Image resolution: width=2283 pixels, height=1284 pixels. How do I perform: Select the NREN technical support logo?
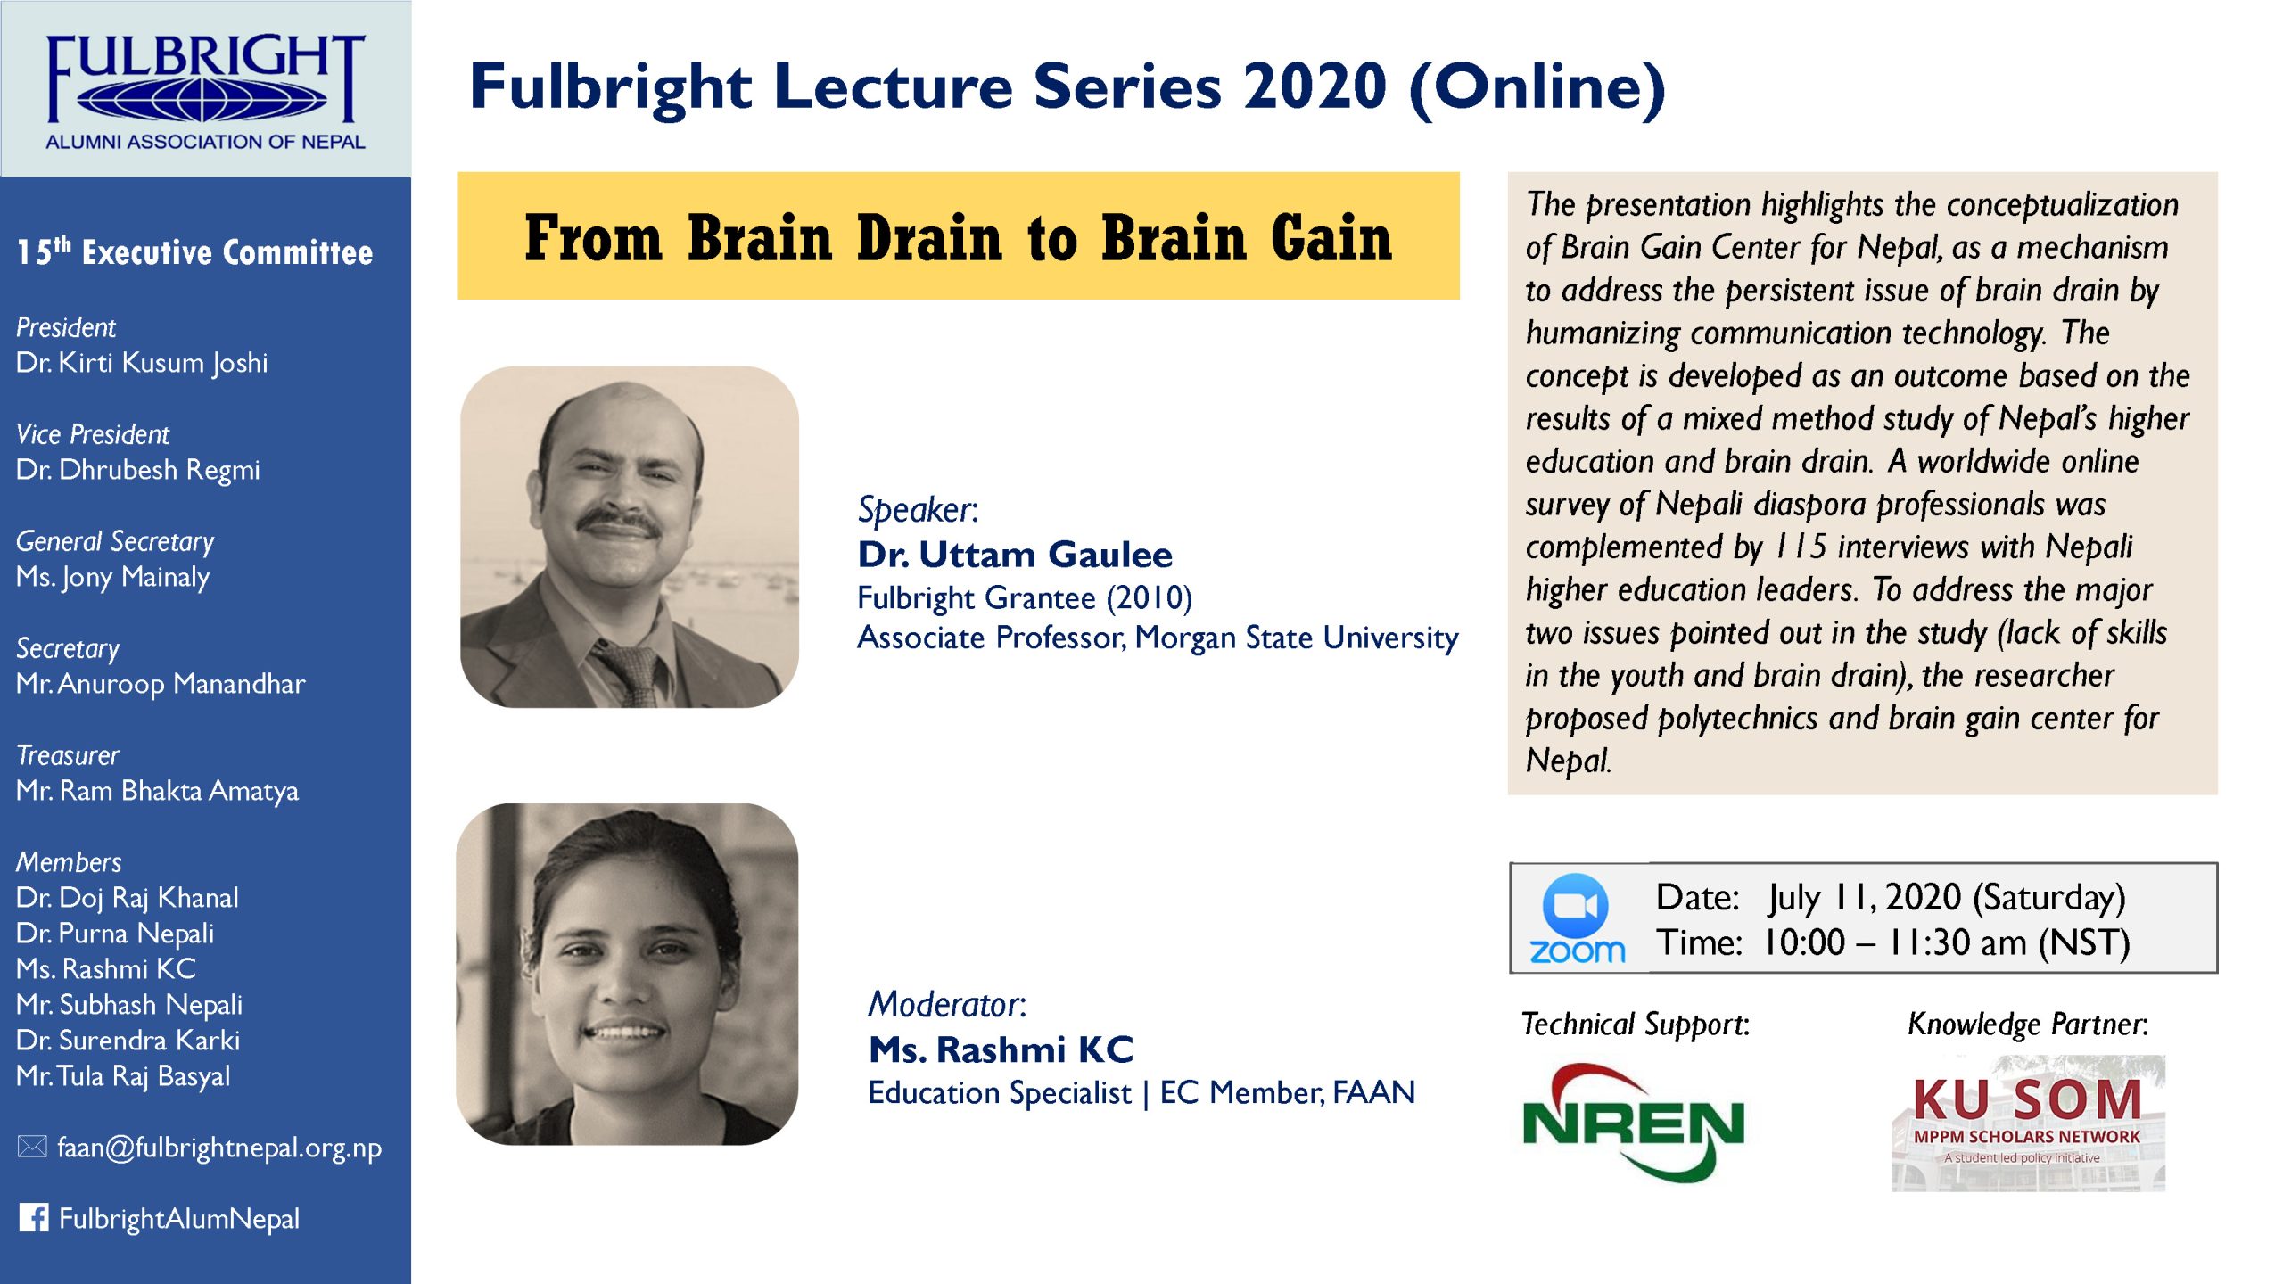pos(1633,1123)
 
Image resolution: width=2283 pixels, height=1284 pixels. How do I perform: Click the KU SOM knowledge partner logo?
pos(2028,1123)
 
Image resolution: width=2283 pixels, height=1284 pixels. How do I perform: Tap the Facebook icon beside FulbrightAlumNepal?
pos(34,1218)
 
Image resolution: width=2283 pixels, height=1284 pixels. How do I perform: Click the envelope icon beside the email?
pos(32,1147)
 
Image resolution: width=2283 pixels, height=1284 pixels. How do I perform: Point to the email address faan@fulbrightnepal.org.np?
pos(219,1148)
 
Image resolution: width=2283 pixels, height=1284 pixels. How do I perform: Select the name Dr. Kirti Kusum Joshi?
pos(142,363)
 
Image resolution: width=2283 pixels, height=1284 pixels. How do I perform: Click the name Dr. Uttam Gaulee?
pos(1015,555)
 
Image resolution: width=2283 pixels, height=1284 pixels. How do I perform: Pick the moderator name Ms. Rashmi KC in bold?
pos(1001,1049)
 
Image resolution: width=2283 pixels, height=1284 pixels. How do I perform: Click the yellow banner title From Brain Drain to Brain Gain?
pos(959,237)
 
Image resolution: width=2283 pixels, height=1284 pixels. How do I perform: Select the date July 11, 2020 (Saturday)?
pos(1948,898)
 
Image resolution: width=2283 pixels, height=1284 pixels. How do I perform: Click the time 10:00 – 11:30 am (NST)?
pos(1947,943)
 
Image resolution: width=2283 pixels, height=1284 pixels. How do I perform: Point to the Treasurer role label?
pos(68,756)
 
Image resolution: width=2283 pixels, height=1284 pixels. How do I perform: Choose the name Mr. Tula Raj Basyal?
pos(123,1077)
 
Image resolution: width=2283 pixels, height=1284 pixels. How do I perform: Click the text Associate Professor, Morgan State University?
pos(1158,638)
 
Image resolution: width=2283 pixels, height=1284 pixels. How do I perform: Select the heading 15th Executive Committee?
pos(195,252)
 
